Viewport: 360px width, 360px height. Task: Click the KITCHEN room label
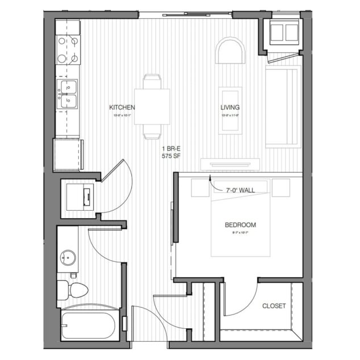pyautogui.click(x=122, y=107)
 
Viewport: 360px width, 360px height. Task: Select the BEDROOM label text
pyautogui.click(x=240, y=225)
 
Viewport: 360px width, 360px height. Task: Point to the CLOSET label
pyautogui.click(x=274, y=306)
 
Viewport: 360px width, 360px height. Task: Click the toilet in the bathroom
pyautogui.click(x=75, y=290)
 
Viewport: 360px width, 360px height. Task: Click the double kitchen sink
pyautogui.click(x=69, y=94)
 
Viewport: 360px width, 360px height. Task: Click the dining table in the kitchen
pyautogui.click(x=152, y=106)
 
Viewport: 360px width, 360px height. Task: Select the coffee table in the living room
pyautogui.click(x=230, y=110)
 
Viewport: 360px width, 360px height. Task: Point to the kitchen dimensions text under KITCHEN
pyautogui.click(x=123, y=115)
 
